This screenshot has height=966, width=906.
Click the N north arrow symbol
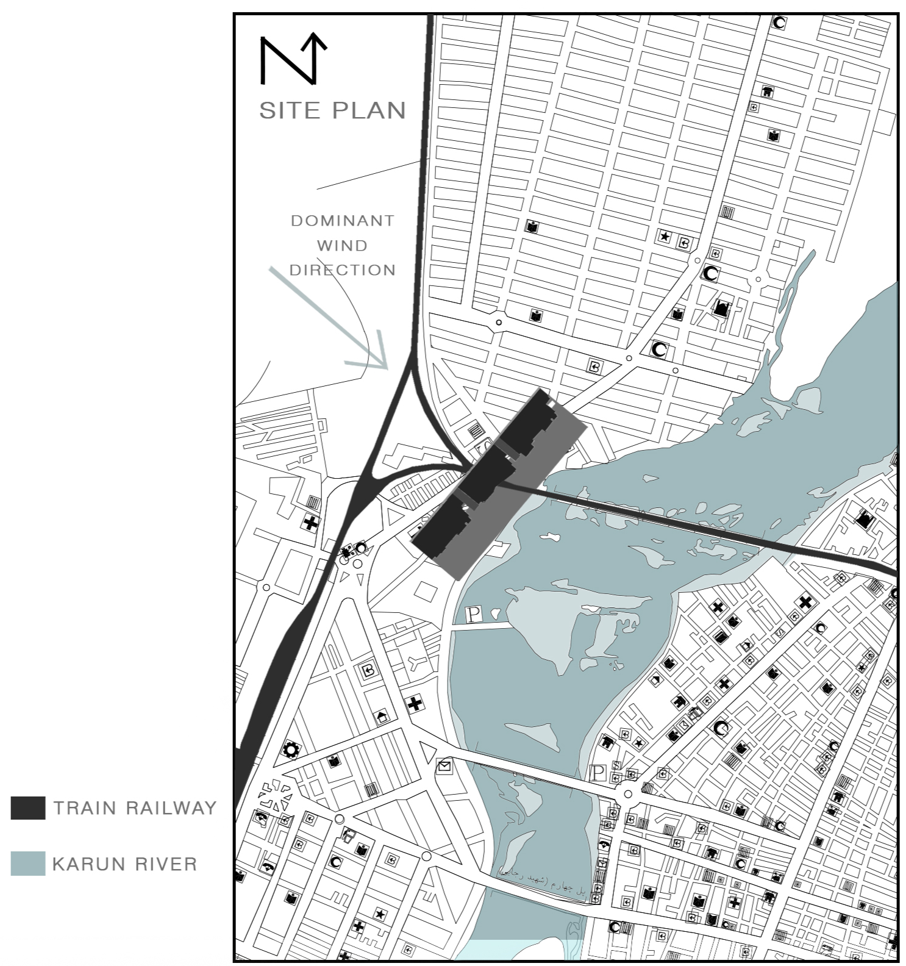coord(293,60)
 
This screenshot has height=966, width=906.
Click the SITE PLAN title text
coord(332,110)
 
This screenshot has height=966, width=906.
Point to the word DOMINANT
coord(343,221)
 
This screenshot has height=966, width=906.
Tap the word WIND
coord(342,246)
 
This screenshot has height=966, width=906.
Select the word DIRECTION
coord(343,270)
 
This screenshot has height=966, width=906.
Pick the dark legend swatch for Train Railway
coord(28,807)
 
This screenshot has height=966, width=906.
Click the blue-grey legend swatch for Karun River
coord(28,864)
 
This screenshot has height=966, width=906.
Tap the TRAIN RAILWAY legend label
coord(135,808)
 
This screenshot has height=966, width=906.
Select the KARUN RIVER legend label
coord(125,864)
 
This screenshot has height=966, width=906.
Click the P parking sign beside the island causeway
coord(474,615)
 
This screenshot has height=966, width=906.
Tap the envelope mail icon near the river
coord(444,766)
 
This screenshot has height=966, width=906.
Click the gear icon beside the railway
coord(291,750)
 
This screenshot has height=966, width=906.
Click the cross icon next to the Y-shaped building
coord(415,704)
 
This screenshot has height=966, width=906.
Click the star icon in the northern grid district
coord(664,236)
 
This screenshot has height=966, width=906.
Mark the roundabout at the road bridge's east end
coord(627,794)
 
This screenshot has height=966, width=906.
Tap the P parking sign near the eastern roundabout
coord(598,773)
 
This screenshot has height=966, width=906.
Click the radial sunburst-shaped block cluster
coord(274,795)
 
